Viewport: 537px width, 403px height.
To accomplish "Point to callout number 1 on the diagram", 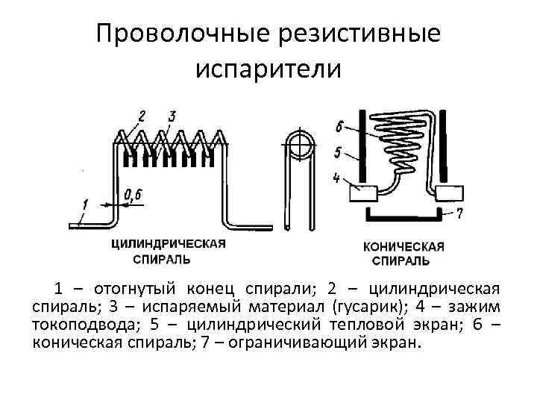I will click(86, 203).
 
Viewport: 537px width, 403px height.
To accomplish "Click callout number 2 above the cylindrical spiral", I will click(141, 116).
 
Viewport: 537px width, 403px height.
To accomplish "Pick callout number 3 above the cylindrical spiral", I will click(172, 116).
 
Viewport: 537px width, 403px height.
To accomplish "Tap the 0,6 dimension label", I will click(134, 196).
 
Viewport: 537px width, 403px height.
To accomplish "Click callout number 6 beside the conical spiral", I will click(339, 125).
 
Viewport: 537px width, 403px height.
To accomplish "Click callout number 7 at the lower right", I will click(460, 213).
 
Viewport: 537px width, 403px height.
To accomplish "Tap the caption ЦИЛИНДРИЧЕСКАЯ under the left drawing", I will click(169, 245).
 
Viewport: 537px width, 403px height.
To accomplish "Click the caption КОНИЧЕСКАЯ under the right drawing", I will click(403, 246).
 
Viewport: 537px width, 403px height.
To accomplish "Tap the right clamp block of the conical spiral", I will click(450, 194).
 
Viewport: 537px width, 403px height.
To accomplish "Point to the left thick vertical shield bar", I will click(362, 146).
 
